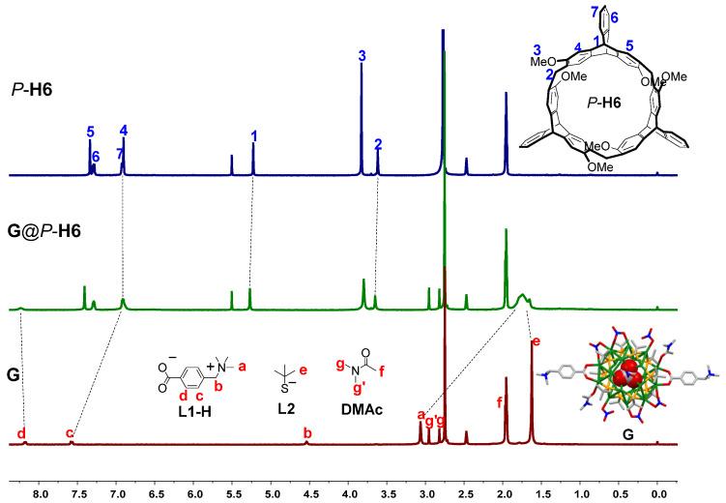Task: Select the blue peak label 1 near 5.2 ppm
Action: tap(253, 135)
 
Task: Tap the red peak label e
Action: tap(536, 341)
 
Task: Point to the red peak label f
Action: tap(499, 401)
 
